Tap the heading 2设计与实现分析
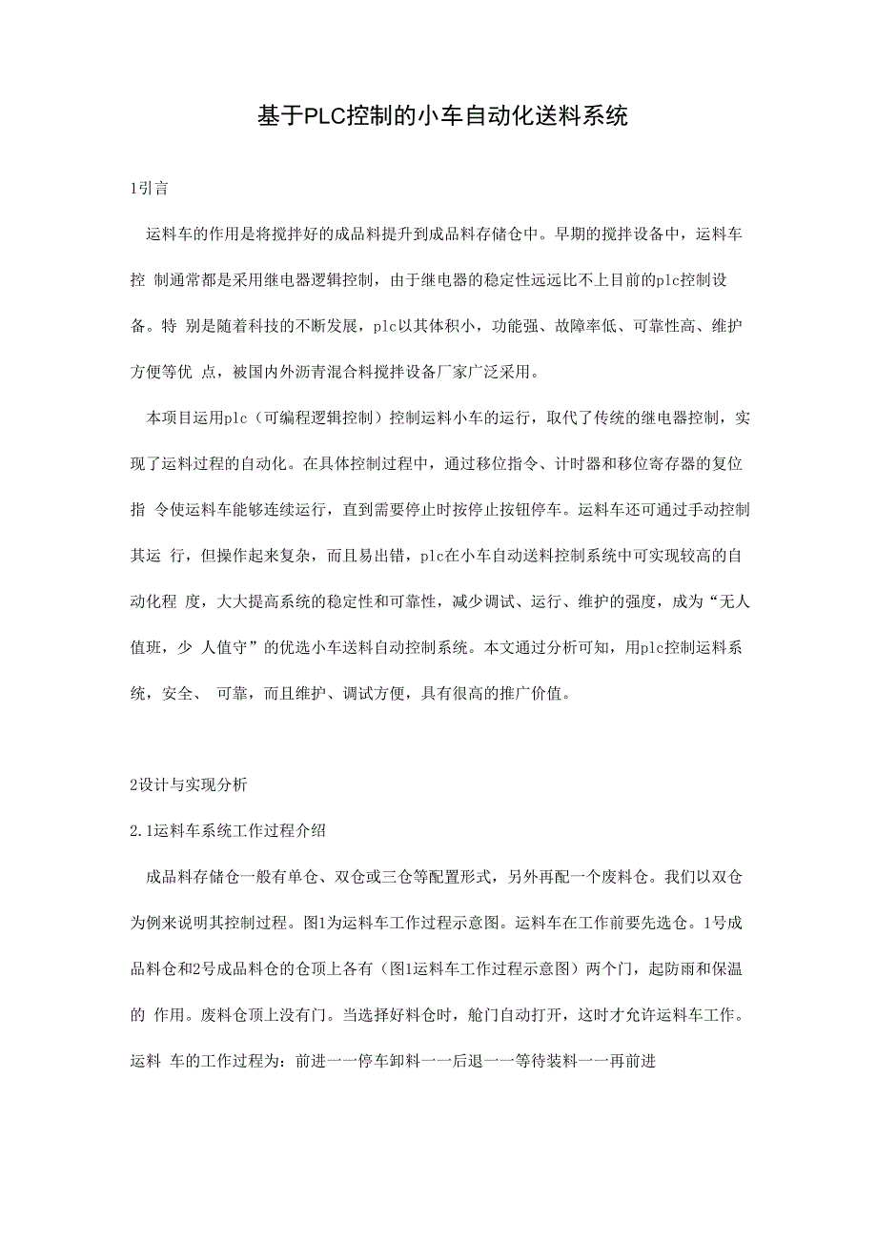(x=188, y=785)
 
